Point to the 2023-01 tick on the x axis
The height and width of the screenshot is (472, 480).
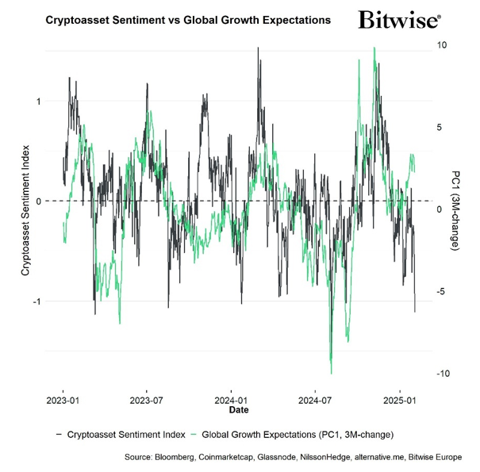63,401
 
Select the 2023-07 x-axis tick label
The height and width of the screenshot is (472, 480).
146,401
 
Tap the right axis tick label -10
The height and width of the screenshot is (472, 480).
440,374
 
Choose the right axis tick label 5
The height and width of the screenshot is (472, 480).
439,127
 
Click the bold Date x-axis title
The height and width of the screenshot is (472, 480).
238,411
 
